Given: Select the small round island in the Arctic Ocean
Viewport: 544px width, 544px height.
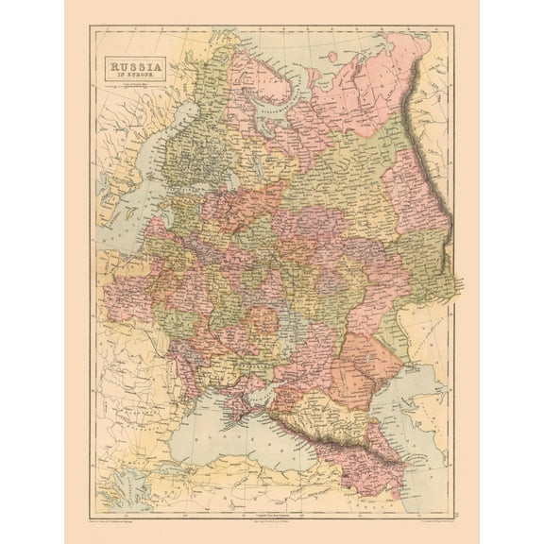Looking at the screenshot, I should click(x=331, y=57).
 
